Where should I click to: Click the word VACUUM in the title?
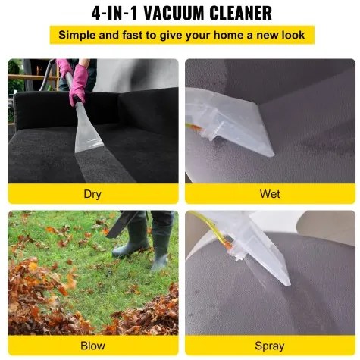(174, 13)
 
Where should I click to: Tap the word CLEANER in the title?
(241, 13)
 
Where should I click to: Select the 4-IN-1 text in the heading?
(114, 13)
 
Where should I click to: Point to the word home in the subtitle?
(228, 35)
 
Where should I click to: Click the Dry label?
(92, 194)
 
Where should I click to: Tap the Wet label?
(270, 194)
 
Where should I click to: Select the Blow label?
(92, 346)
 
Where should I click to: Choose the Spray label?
(269, 346)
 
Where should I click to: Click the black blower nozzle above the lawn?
(122, 224)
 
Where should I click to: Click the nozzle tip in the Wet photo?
(271, 154)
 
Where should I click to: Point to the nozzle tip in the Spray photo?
(287, 283)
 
